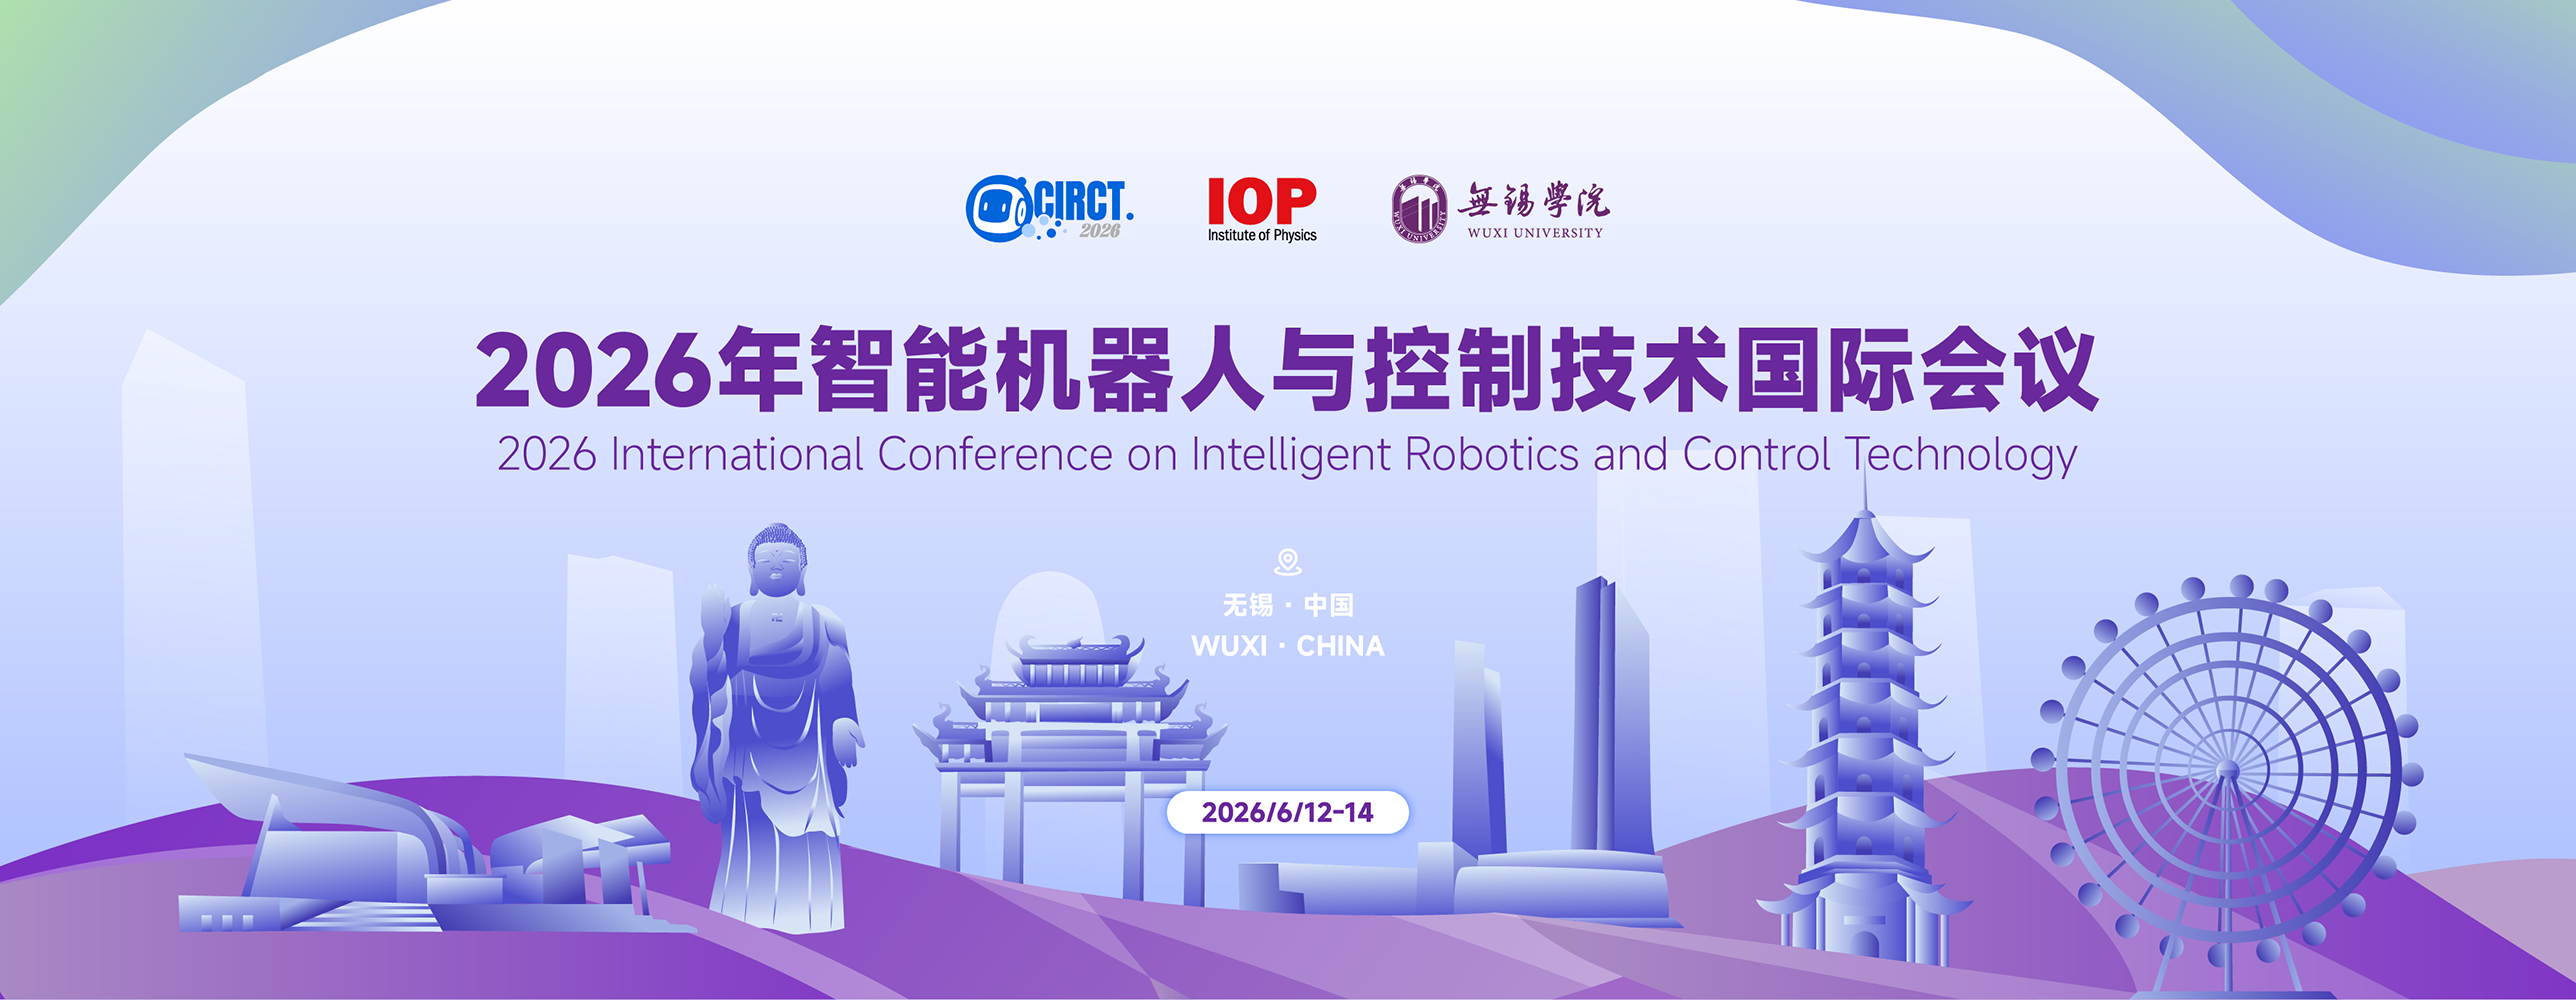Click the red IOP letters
click(1262, 201)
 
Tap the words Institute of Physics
click(1262, 236)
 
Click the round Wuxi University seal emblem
click(1419, 209)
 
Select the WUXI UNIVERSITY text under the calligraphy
click(1535, 233)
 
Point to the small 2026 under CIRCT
click(1099, 231)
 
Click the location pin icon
click(1288, 562)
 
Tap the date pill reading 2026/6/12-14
click(1288, 812)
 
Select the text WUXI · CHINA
click(1288, 646)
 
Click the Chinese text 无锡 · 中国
click(1288, 605)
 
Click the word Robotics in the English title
click(1491, 454)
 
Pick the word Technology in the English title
click(1961, 456)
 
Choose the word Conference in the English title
click(995, 454)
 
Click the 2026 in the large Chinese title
click(593, 371)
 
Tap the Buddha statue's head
click(776, 560)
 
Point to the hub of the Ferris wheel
click(2226, 770)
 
